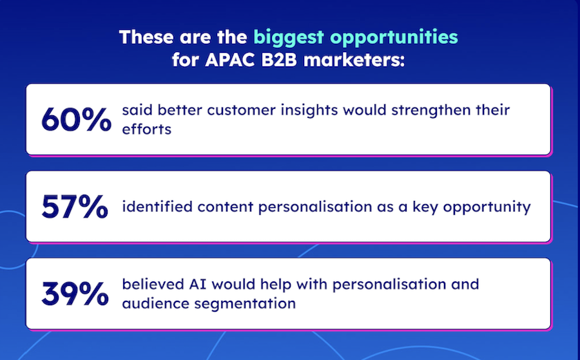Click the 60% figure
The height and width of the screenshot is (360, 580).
tap(76, 119)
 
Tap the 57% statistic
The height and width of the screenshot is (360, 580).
tap(75, 207)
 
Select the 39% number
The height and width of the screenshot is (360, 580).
tap(75, 294)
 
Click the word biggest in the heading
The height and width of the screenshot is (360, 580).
tap(289, 38)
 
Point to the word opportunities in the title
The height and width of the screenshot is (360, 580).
tap(394, 38)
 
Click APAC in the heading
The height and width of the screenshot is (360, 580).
tap(229, 61)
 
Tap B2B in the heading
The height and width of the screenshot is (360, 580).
tap(279, 61)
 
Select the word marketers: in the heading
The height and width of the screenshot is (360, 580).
tap(354, 61)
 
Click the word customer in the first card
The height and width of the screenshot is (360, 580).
tap(241, 110)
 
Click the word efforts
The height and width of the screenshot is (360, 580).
tap(147, 129)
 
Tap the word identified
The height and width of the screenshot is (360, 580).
tap(157, 207)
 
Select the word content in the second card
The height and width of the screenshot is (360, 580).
tap(226, 207)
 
